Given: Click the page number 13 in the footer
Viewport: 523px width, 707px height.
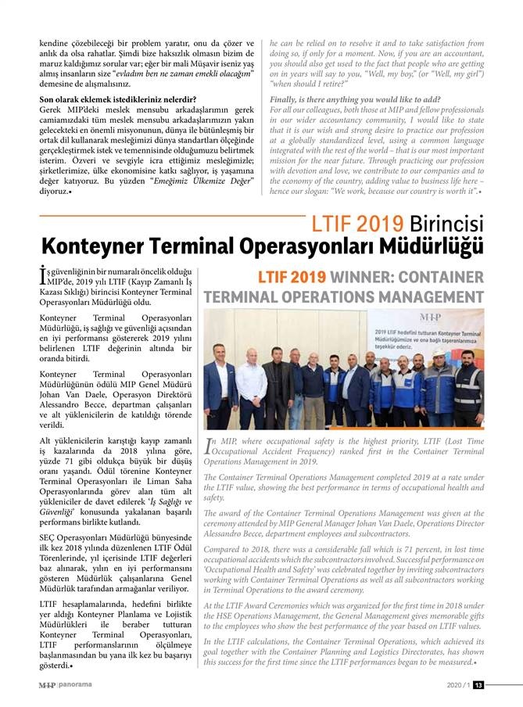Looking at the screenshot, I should tap(478, 686).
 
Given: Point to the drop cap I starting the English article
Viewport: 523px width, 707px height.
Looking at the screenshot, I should tap(209, 445).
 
